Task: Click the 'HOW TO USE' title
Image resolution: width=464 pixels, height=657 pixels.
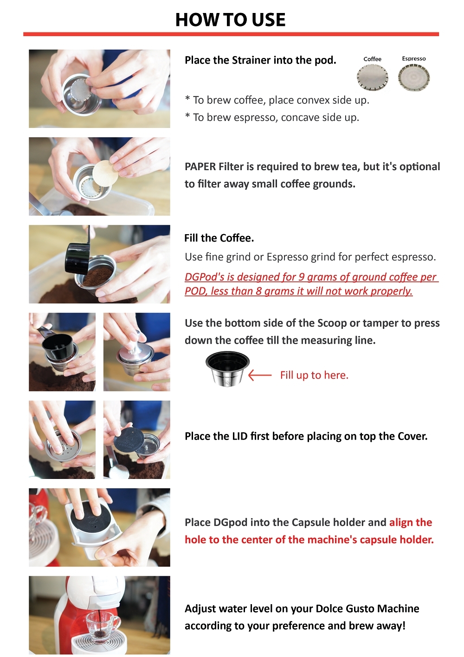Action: point(231,19)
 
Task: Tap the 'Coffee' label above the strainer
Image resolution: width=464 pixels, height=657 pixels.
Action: point(372,59)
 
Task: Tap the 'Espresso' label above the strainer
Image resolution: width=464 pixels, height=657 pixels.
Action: point(414,59)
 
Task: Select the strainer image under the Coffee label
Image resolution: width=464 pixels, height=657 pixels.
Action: point(373,77)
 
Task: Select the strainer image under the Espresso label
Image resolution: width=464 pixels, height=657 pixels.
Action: point(414,77)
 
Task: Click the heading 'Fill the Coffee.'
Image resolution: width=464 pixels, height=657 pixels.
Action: point(219,238)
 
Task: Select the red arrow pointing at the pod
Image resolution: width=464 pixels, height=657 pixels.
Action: point(260,375)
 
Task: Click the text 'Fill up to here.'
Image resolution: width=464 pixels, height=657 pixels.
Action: point(314,375)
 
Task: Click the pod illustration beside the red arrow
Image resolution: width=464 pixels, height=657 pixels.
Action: point(227,368)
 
